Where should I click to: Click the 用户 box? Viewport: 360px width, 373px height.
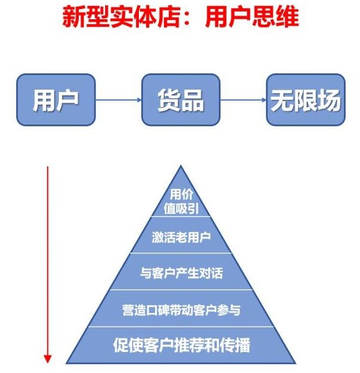tap(56, 100)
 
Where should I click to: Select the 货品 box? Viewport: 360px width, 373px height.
tap(181, 100)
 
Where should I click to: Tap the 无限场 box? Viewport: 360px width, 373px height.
tap(305, 100)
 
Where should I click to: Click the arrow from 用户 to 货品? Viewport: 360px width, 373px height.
tap(118, 100)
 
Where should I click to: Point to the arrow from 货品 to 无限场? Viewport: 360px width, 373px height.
tap(243, 100)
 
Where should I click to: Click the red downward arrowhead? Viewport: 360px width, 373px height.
tap(47, 359)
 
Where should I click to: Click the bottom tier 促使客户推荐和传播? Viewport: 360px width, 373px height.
tap(181, 345)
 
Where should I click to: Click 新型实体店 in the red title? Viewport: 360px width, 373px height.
tap(121, 17)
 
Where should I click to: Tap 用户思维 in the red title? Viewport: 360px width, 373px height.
tap(252, 17)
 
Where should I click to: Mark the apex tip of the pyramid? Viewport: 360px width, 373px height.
tap(181, 165)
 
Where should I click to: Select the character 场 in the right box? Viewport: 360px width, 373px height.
tap(329, 100)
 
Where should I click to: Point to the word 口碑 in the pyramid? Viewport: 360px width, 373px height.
tap(157, 310)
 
